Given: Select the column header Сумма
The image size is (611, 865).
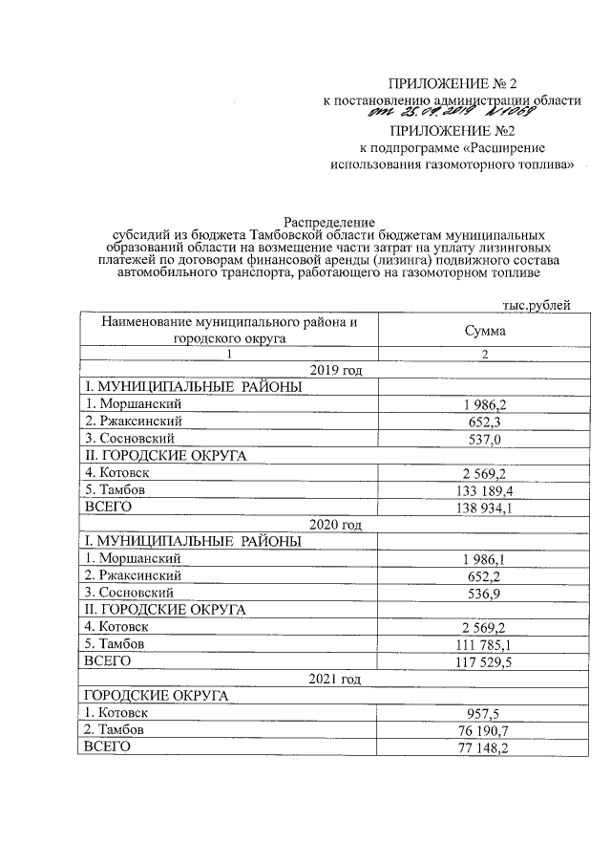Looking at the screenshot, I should [x=485, y=331].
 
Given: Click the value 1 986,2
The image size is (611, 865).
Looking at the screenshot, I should [x=485, y=404].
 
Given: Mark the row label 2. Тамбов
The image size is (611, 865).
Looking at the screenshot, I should [x=117, y=730].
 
